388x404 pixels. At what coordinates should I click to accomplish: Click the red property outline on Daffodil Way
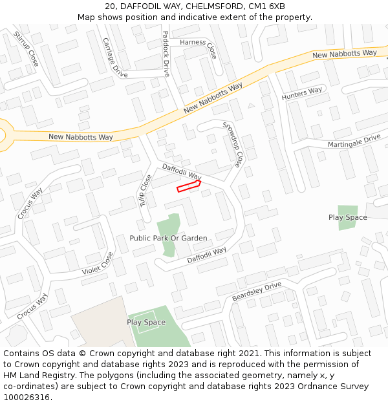[x=189, y=186]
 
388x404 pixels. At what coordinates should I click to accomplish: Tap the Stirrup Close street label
[x=26, y=49]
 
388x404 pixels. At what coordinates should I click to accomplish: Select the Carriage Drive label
[x=115, y=57]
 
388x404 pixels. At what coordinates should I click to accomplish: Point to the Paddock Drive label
[x=166, y=54]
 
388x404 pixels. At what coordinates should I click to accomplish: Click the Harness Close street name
[x=199, y=45]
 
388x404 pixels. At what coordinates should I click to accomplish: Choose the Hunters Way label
[x=301, y=94]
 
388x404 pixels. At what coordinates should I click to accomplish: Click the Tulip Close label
[x=145, y=191]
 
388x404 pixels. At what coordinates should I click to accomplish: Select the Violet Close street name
[x=98, y=264]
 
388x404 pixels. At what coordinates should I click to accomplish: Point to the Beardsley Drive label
[x=257, y=292]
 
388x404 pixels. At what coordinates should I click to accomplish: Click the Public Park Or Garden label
[x=168, y=239]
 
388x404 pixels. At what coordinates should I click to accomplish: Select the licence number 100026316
[x=26, y=398]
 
